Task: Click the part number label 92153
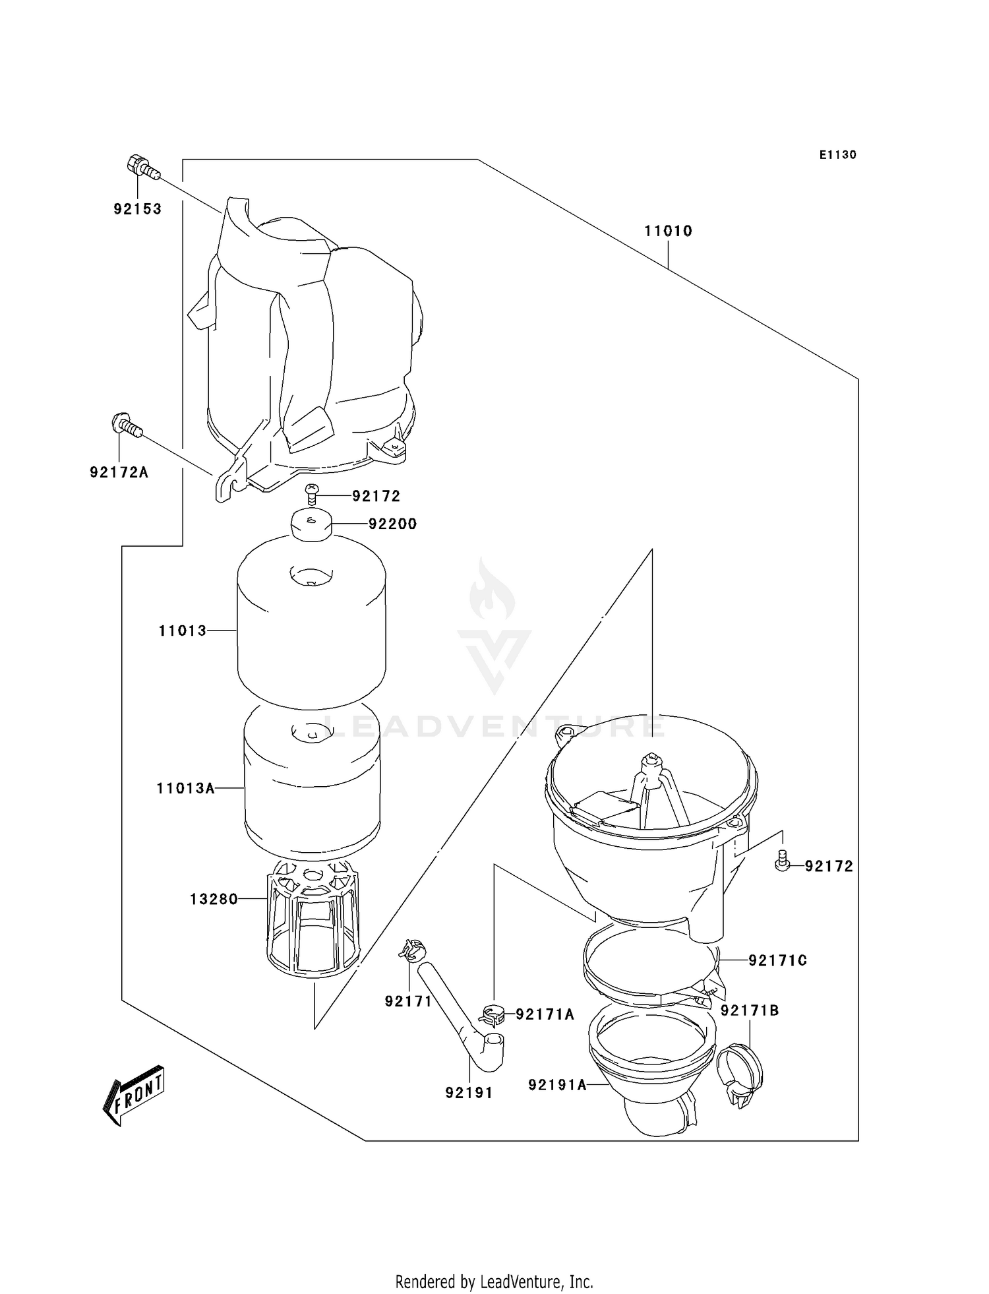[x=137, y=209]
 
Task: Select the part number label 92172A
[x=119, y=472]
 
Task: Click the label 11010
[x=668, y=231]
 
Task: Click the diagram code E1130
[x=837, y=155]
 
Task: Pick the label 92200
[x=392, y=524]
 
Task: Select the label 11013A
[x=186, y=788]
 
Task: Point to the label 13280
[x=214, y=899]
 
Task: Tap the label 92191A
[x=557, y=1084]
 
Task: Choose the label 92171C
[x=777, y=961]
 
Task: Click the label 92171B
[x=750, y=1010]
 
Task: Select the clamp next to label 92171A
[x=493, y=1014]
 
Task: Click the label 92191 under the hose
[x=469, y=1093]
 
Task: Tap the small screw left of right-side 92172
[x=782, y=860]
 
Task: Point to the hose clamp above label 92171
[x=413, y=950]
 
